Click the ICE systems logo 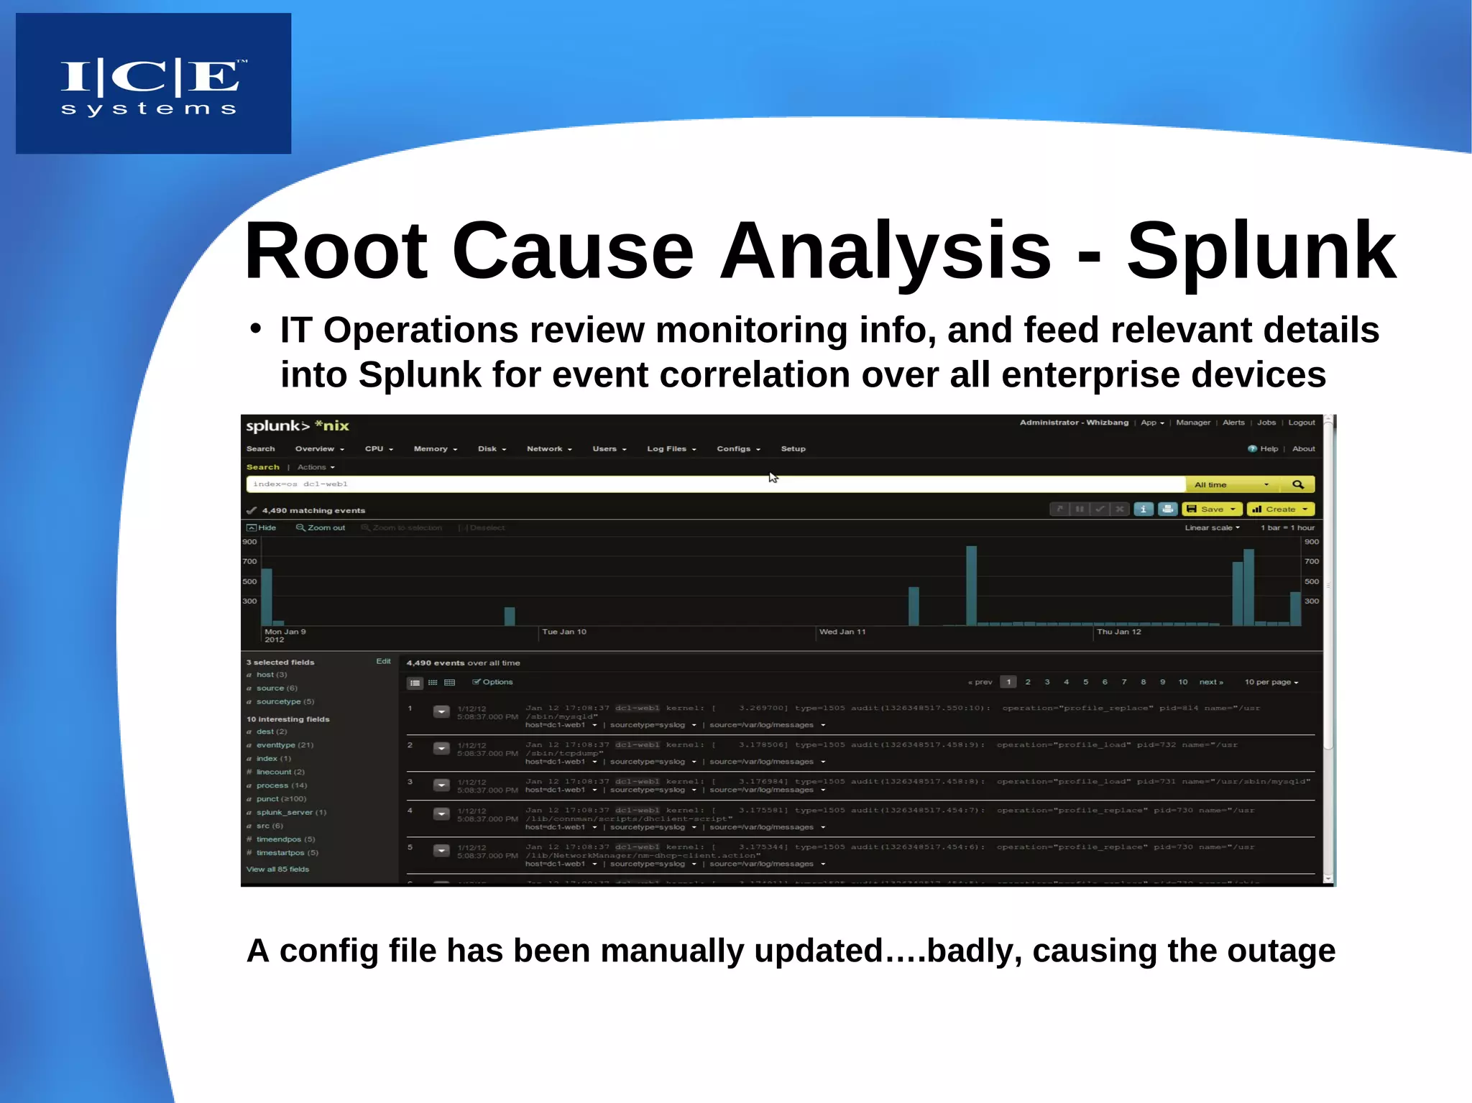tap(153, 84)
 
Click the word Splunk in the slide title tap(1261, 251)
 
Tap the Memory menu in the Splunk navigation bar tap(434, 448)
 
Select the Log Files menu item tap(671, 448)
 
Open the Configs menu tap(737, 448)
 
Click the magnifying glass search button tap(1298, 484)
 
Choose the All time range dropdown tap(1231, 484)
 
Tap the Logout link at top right tap(1301, 423)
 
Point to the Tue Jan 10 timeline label tap(564, 632)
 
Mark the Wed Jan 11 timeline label tap(842, 632)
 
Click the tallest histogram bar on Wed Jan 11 tap(971, 586)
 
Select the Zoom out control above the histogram tap(321, 527)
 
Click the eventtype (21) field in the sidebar tap(284, 745)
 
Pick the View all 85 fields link tap(277, 869)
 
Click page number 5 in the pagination tap(1085, 682)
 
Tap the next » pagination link tap(1211, 682)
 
